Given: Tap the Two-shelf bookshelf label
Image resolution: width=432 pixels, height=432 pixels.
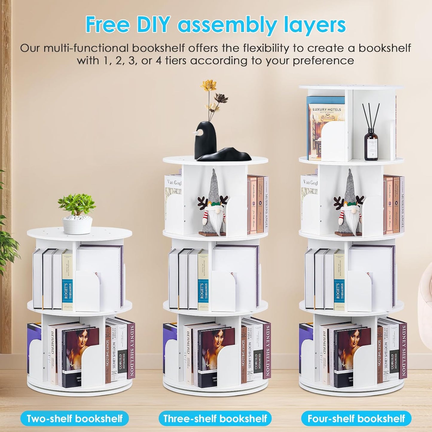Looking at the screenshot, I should pos(74,418).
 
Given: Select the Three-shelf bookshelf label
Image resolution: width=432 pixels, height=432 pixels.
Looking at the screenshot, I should pos(215,418).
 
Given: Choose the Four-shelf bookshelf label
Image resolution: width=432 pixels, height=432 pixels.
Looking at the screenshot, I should pos(356,418).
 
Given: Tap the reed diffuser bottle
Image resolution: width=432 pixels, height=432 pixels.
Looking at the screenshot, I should pos(371,142).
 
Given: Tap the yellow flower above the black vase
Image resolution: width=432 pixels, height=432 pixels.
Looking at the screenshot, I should pos(208,85).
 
